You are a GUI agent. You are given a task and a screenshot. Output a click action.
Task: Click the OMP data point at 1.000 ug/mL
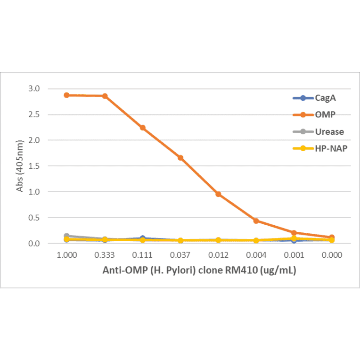pyautogui.click(x=66, y=95)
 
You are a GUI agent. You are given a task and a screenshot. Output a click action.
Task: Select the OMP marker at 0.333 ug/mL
pyautogui.click(x=105, y=96)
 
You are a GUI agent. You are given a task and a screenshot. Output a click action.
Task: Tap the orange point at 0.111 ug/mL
pyautogui.click(x=142, y=128)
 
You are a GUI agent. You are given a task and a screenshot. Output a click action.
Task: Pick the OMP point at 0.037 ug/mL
pyautogui.click(x=180, y=158)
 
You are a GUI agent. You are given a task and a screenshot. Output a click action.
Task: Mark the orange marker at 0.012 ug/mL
pyautogui.click(x=218, y=194)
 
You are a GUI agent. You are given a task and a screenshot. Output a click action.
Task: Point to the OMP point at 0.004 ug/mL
pyautogui.click(x=256, y=221)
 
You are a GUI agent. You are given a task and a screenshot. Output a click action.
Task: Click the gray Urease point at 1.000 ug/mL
pyautogui.click(x=66, y=236)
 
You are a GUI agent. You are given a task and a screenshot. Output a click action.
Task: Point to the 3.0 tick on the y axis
pyautogui.click(x=34, y=89)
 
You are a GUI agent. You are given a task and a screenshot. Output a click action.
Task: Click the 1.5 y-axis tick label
pyautogui.click(x=34, y=166)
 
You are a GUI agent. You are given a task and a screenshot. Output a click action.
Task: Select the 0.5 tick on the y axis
pyautogui.click(x=34, y=218)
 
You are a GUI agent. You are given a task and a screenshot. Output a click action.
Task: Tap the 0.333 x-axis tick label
pyautogui.click(x=105, y=255)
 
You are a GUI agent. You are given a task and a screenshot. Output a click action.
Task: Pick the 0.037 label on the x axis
pyautogui.click(x=180, y=255)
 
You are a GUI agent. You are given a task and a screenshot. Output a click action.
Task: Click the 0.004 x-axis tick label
pyautogui.click(x=256, y=255)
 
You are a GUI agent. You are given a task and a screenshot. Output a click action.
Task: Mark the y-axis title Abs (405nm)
pyautogui.click(x=20, y=166)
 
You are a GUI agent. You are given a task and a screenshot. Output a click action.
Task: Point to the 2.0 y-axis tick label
pyautogui.click(x=34, y=140)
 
